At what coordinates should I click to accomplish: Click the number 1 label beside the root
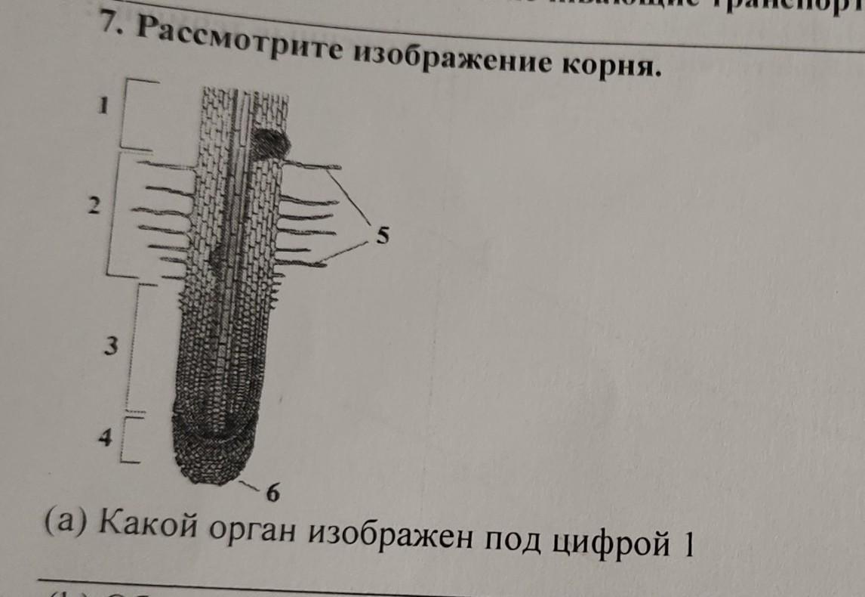pyautogui.click(x=106, y=107)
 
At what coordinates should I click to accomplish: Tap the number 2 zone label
pyautogui.click(x=93, y=206)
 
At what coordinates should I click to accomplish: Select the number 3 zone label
pyautogui.click(x=111, y=346)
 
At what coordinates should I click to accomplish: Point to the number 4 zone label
pyautogui.click(x=108, y=437)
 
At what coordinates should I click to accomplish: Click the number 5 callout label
pyautogui.click(x=383, y=237)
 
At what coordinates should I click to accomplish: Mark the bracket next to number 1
pyautogui.click(x=136, y=115)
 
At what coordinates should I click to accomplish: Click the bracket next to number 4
pyautogui.click(x=131, y=438)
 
